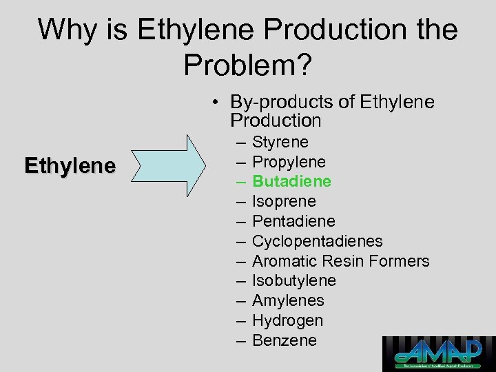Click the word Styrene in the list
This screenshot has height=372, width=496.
[280, 143]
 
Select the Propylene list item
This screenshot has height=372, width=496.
[289, 163]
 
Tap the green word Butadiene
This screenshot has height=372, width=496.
[291, 182]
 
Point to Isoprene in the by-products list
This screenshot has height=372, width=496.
[284, 202]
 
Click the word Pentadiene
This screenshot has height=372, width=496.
[293, 222]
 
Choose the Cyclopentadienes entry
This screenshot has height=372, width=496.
[317, 242]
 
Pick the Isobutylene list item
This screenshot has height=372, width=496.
[294, 281]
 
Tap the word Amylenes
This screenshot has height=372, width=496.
[288, 301]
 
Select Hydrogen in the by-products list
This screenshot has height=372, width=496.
[287, 321]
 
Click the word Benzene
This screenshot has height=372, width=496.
[285, 340]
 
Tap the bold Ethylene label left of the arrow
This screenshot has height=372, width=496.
[70, 166]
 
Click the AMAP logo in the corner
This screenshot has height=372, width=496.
[439, 353]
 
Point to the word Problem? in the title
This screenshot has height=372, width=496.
[248, 64]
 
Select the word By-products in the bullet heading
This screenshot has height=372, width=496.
[278, 102]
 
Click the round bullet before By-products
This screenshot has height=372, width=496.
[216, 103]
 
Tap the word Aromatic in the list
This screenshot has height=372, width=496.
[285, 261]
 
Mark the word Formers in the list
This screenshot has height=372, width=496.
[400, 261]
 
